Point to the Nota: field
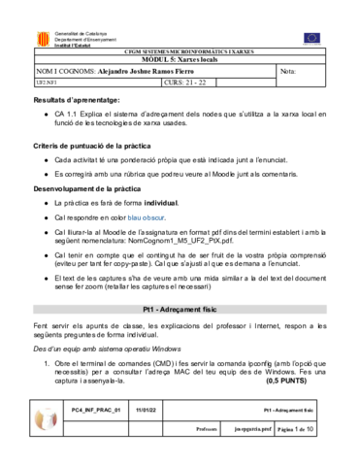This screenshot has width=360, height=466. (288, 71)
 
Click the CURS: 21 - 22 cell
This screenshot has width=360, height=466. (186, 83)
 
